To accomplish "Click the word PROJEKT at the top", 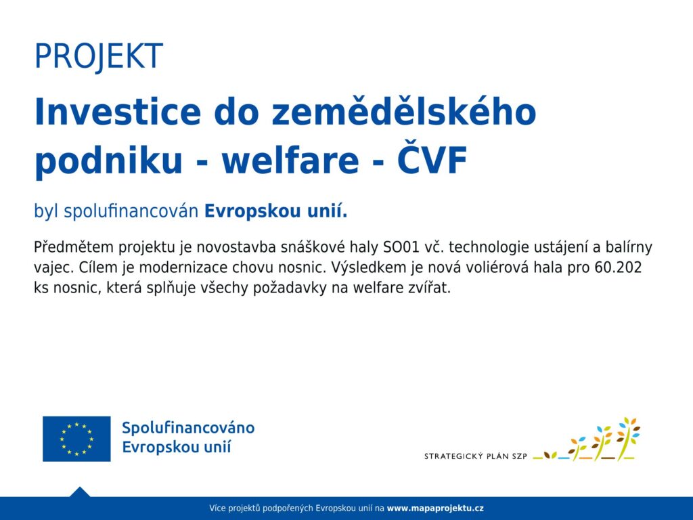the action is coord(99,56).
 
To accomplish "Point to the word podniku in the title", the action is coord(108,161).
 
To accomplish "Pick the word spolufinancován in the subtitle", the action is coord(131,211).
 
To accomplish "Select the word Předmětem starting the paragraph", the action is coord(74,247).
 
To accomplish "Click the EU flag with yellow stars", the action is coord(76,439).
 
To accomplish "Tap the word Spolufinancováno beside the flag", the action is coord(188,428).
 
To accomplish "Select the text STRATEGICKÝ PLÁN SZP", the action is coord(476,456).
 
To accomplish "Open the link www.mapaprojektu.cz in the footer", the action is coord(435,508).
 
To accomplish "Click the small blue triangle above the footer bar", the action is coord(80,492).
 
